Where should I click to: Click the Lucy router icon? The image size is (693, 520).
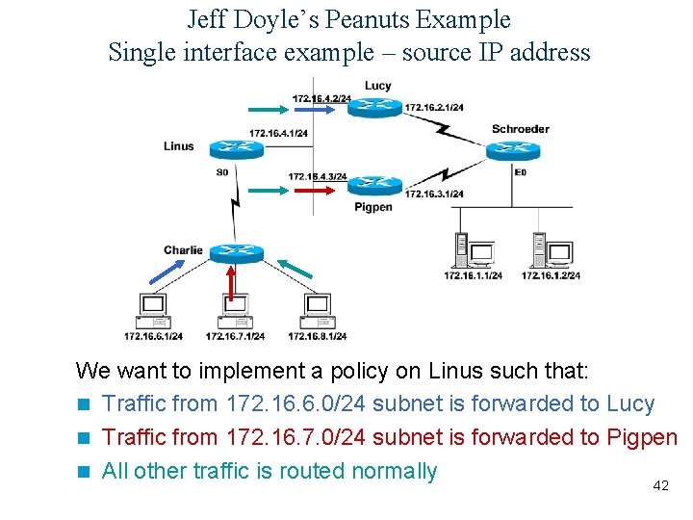373,105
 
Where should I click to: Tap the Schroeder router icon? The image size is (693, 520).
506,149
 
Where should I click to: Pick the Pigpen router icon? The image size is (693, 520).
373,185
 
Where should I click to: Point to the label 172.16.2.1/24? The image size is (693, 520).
434,107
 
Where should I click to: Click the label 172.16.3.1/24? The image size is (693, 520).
434,195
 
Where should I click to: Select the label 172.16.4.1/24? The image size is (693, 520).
279,133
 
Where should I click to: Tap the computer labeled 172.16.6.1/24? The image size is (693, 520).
152,308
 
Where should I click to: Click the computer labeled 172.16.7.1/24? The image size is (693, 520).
235,308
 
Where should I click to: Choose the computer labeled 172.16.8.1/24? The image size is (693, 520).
317,308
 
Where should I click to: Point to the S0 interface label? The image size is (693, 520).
222,172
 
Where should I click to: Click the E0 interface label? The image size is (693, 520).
521,172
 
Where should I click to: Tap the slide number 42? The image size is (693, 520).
660,486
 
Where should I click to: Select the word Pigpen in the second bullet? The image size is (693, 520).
642,437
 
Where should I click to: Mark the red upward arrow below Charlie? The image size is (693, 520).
231,282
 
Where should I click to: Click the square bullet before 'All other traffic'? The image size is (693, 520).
85,472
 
